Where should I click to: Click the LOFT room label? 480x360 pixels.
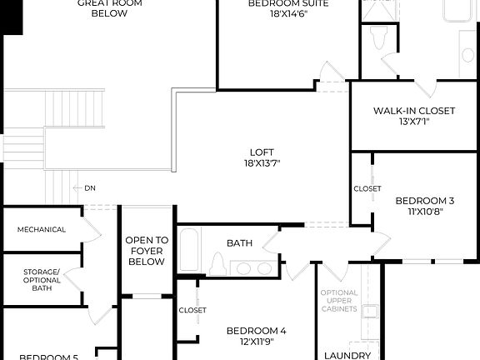(261, 152)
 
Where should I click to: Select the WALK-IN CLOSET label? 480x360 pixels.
(414, 111)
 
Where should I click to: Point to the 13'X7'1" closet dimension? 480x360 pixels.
(414, 122)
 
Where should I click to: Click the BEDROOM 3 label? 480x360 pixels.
(424, 200)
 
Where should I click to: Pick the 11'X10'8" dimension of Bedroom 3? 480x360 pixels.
(424, 212)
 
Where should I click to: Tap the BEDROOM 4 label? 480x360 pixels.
(256, 331)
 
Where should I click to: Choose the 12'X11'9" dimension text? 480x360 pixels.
(256, 342)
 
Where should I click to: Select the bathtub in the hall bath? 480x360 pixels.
(189, 249)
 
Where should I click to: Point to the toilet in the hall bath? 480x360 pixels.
(218, 264)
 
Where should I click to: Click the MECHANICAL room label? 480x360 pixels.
(42, 229)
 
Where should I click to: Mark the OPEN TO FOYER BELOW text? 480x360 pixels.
(147, 250)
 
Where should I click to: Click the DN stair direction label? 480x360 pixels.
(89, 188)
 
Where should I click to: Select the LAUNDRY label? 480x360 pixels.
(347, 356)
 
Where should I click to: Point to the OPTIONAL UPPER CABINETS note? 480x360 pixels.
(340, 301)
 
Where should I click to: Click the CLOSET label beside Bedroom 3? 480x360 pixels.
(367, 189)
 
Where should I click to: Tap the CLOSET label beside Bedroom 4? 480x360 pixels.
(192, 310)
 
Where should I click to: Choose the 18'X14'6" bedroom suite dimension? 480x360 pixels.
(288, 15)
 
